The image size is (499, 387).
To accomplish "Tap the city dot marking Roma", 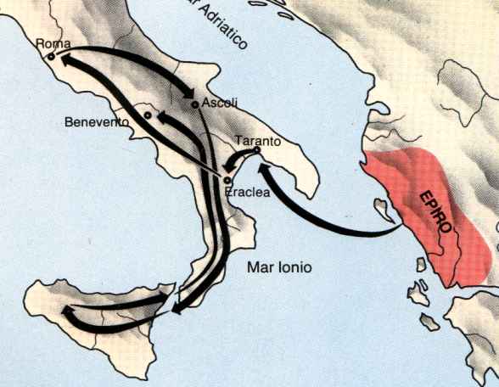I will [x=51, y=56].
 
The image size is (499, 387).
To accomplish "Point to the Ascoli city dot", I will [x=195, y=104].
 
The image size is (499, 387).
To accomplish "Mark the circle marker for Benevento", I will [x=148, y=115].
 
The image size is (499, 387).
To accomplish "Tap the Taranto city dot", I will [x=257, y=150].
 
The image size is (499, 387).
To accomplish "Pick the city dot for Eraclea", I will [x=227, y=179].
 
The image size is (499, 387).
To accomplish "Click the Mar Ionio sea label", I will [x=279, y=267].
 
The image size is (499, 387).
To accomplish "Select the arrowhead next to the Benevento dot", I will [x=162, y=119].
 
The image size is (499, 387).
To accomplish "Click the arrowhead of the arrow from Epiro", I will [x=261, y=172].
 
